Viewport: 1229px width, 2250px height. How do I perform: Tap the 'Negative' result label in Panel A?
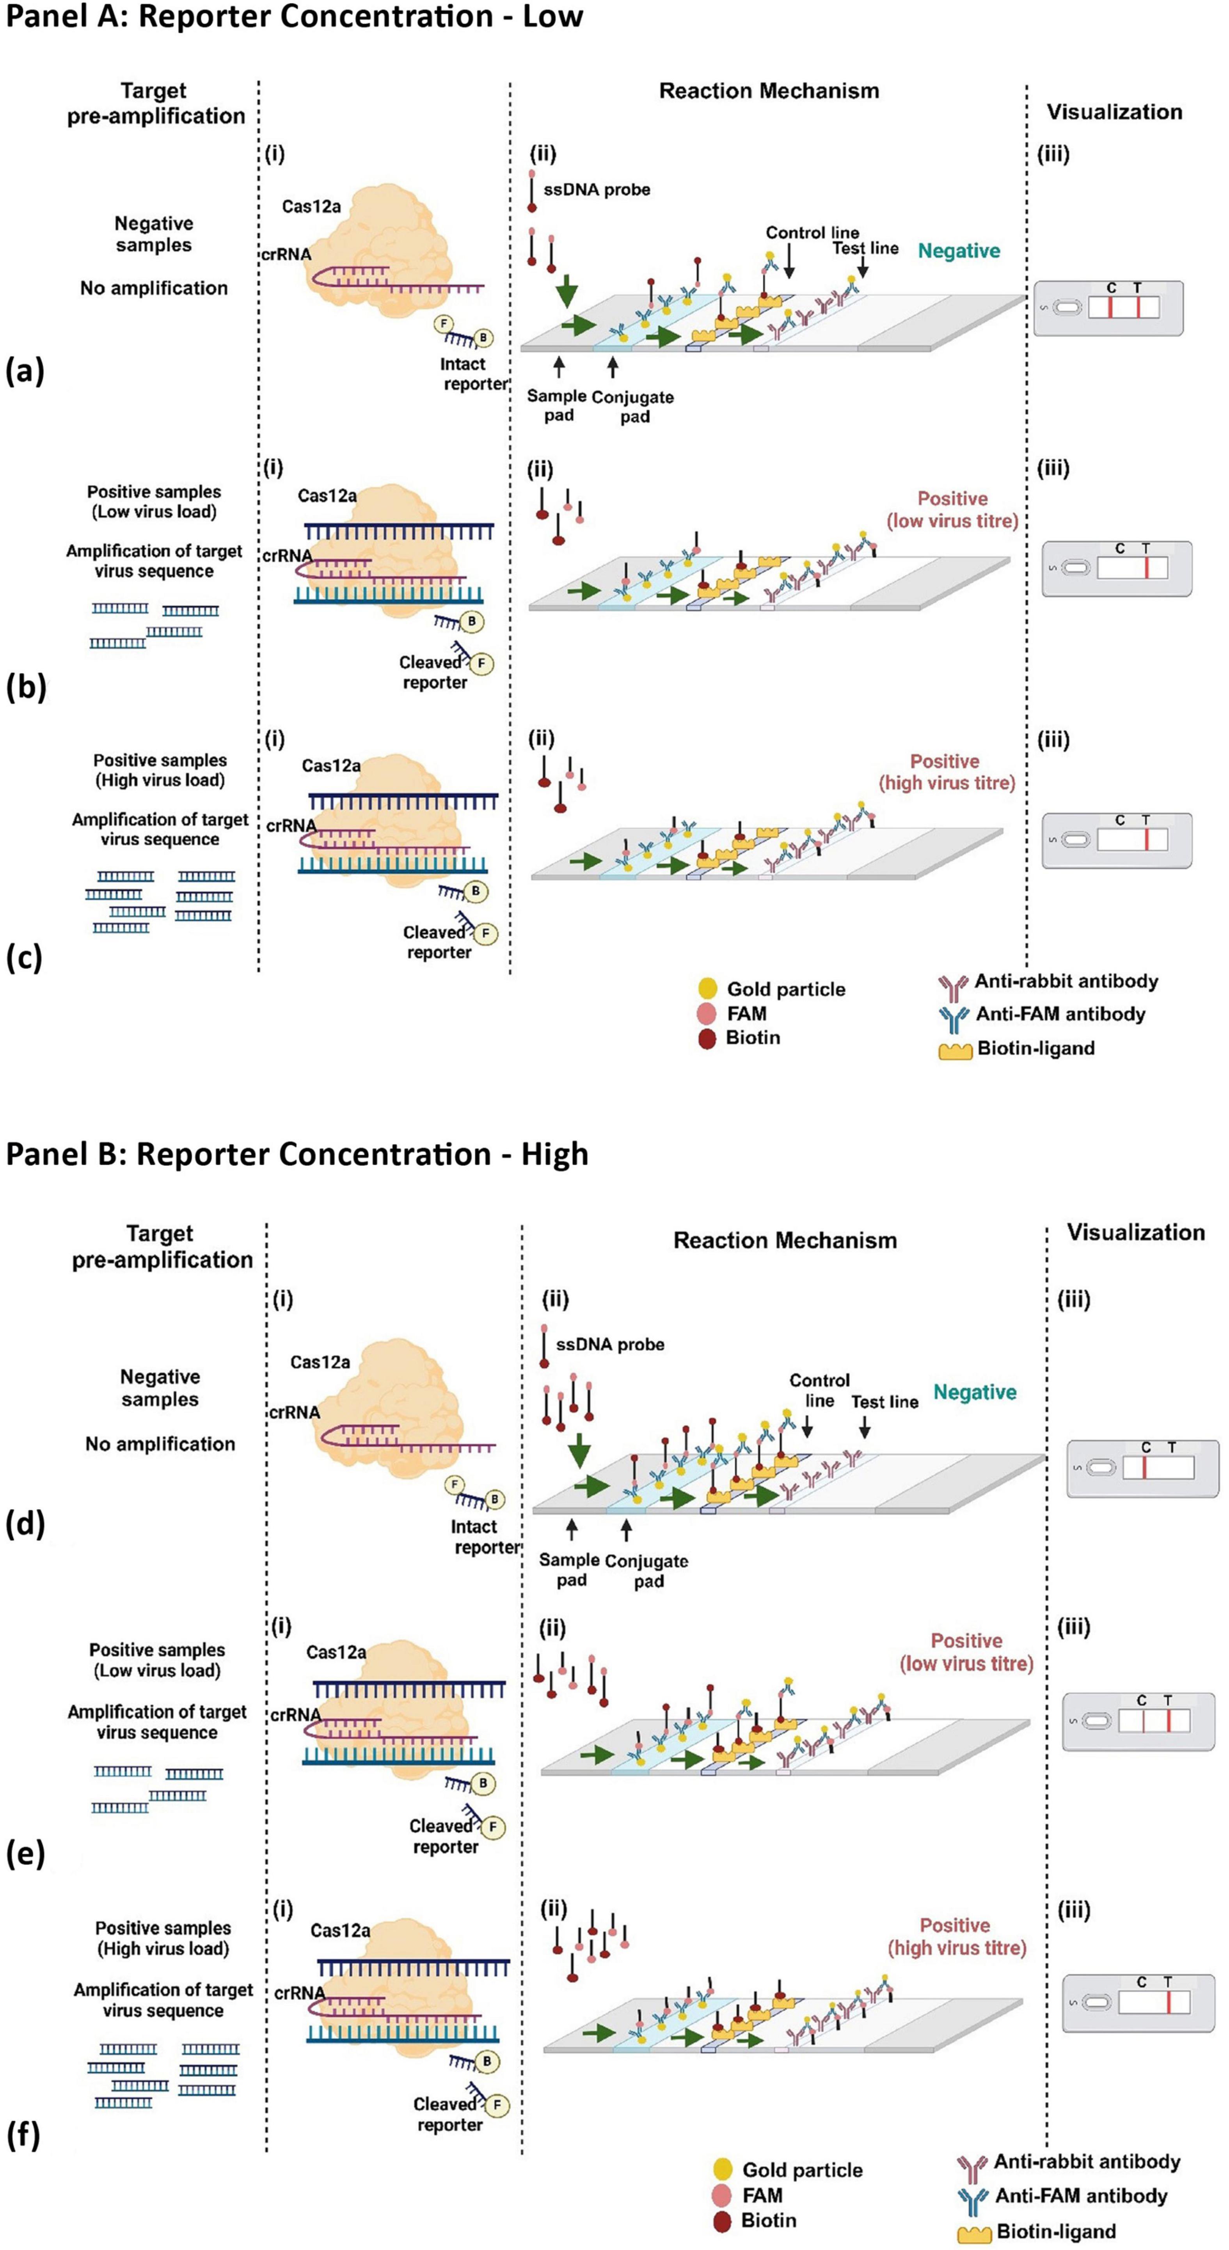(958, 252)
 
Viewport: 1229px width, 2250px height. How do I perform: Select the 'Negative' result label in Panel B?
(975, 1392)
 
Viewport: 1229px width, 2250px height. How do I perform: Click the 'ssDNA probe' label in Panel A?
(597, 190)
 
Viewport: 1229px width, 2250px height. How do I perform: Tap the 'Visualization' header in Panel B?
(1135, 1232)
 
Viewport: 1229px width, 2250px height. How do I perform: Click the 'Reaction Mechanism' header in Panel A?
(769, 91)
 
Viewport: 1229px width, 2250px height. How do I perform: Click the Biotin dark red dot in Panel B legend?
(721, 2220)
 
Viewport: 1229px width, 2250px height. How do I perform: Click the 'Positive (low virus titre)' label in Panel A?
(952, 510)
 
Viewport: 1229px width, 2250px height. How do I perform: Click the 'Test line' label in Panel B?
(885, 1402)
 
